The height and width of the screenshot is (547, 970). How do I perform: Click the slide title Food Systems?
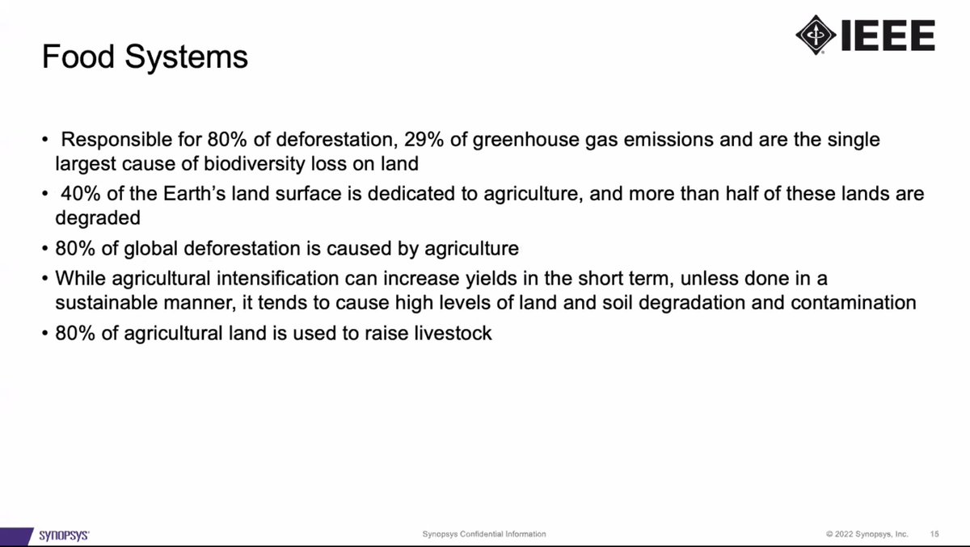[x=145, y=57]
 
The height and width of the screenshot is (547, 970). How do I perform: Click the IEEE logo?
[x=866, y=36]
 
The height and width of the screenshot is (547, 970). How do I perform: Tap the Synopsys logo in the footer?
[x=64, y=534]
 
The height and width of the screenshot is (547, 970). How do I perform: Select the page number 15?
[x=934, y=534]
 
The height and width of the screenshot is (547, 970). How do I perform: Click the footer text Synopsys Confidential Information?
[x=484, y=534]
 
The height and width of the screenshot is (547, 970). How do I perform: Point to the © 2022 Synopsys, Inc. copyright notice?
[x=867, y=534]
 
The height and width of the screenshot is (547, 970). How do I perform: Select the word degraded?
[x=98, y=219]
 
